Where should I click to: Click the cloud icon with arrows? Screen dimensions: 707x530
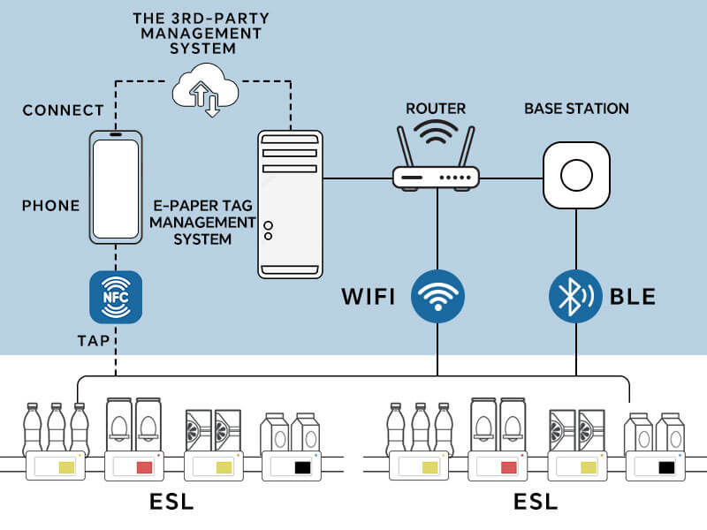coord(206,90)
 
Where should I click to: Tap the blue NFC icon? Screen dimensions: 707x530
coord(116,297)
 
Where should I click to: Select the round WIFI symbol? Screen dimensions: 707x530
coord(437,296)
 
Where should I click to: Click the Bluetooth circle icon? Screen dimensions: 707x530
coord(575,296)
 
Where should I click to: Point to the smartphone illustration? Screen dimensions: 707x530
coord(116,187)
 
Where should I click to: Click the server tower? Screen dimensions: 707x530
coord(290,204)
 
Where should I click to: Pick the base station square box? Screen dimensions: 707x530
coord(576,175)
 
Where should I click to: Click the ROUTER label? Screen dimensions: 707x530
coord(436,109)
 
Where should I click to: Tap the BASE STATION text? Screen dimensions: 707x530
coord(576,109)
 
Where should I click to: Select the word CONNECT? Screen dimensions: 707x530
coord(63,110)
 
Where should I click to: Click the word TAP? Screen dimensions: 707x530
coord(94,341)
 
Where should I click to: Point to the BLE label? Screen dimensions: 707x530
coord(633,297)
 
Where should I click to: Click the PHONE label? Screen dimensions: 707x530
coord(51,206)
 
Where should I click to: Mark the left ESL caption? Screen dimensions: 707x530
coord(171,502)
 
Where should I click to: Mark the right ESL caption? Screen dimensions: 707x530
coord(536,502)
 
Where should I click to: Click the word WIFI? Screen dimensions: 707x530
coord(369,297)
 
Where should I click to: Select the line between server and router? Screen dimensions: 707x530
coord(358,179)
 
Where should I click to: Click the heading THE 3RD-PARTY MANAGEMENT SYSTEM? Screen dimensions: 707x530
coord(201,34)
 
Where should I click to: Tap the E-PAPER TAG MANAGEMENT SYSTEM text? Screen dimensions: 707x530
coord(202,223)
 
